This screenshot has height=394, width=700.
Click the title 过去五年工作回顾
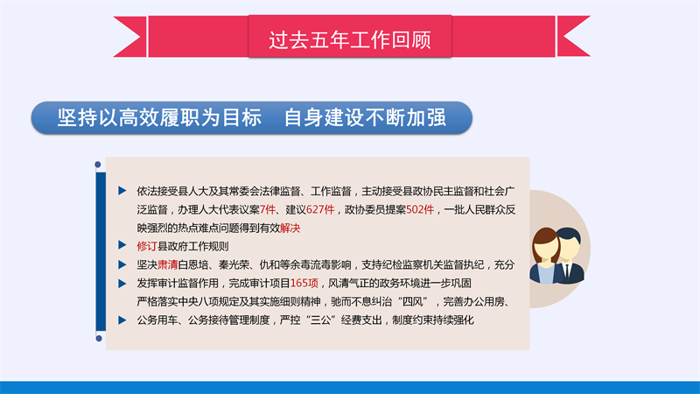(349, 40)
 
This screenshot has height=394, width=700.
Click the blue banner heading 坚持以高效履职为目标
(159, 117)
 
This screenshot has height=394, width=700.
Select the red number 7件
(268, 209)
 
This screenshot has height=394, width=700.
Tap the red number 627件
(320, 209)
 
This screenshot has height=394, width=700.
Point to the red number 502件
(420, 209)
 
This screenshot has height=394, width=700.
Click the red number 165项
(304, 283)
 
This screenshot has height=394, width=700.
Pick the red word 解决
(290, 229)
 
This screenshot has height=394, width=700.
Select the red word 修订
(147, 246)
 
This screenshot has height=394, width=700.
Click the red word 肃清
(167, 265)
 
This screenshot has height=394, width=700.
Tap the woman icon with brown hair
(545, 257)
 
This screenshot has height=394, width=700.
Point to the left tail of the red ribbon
(129, 37)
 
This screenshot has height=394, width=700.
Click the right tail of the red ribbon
(574, 37)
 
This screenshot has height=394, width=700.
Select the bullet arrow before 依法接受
(122, 191)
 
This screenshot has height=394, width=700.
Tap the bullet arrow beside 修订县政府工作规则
(122, 245)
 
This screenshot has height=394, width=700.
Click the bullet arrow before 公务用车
(122, 320)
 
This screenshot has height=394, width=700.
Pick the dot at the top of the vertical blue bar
(98, 165)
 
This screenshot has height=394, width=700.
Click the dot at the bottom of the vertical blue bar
(99, 339)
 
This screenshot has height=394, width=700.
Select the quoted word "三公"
(320, 320)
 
